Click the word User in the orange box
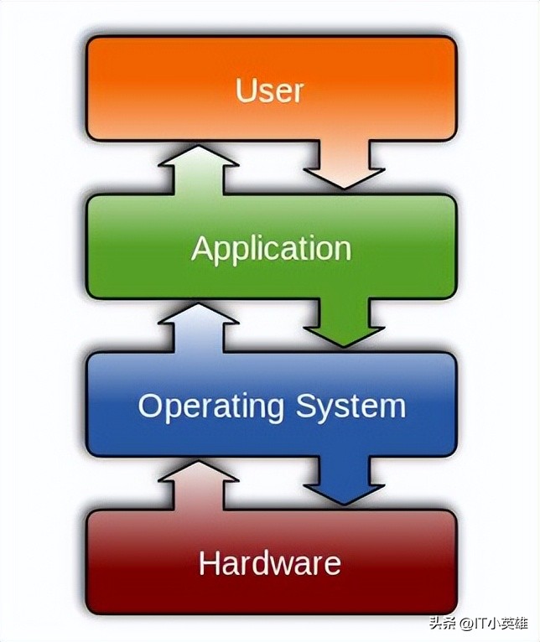pos(270,90)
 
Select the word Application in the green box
pos(270,249)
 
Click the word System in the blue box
pos(350,407)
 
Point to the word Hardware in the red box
pos(270,562)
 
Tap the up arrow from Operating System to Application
pos(198,329)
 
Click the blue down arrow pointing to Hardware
pos(344,483)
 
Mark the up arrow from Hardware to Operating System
pos(198,486)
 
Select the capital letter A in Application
pos(201,248)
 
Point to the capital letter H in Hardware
pos(209,562)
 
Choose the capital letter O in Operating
pos(151,406)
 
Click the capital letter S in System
pos(307,406)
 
